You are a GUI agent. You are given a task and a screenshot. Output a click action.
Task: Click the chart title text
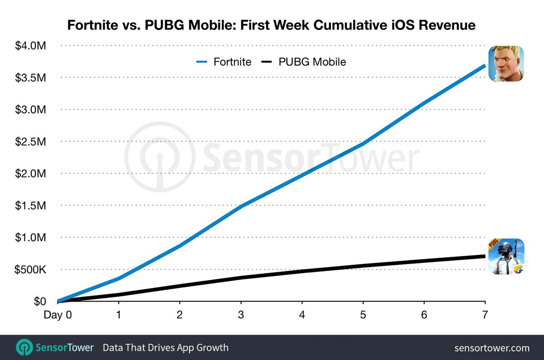[x=272, y=25]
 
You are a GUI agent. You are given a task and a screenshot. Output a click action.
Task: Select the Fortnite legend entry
[x=224, y=62]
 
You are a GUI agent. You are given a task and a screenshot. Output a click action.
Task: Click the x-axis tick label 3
[x=241, y=314]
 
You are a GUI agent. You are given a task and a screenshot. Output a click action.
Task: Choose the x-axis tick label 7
[x=485, y=314]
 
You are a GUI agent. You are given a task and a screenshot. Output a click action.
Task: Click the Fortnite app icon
[x=505, y=64]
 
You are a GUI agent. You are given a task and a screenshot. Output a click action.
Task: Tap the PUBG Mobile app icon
[x=505, y=256]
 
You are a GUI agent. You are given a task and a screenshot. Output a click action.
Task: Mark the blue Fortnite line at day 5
[x=363, y=144]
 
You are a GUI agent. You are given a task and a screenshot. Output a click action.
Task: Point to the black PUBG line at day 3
[x=241, y=277]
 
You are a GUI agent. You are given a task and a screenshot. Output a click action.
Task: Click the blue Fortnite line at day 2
[x=180, y=246]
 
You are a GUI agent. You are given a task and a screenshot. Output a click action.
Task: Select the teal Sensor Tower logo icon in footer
[x=24, y=348]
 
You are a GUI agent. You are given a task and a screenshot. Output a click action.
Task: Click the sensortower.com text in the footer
[x=492, y=348]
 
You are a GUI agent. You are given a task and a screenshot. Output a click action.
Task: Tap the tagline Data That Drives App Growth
[x=165, y=348]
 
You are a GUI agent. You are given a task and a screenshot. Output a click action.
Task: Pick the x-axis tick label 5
[x=363, y=314]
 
